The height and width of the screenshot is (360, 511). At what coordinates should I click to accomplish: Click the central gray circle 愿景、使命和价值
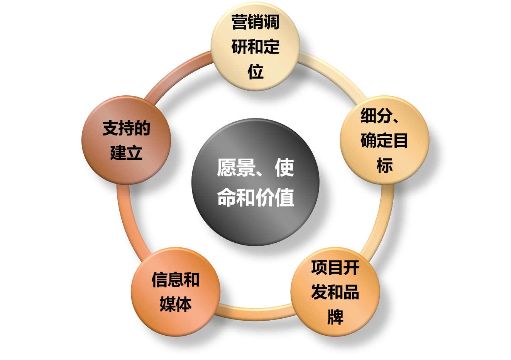pos(255,182)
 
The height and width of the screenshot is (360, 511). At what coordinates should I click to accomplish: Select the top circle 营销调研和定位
pos(255,46)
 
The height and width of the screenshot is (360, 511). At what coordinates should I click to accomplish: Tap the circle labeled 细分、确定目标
pos(385,140)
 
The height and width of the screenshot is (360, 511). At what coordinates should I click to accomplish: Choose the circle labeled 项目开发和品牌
pos(335,292)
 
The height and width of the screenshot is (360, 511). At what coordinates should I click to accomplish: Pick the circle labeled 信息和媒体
pos(176,292)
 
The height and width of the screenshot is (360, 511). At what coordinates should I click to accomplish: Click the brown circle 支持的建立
pos(126,140)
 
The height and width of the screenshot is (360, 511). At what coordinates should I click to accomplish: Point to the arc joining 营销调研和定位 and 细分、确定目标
pos(335,73)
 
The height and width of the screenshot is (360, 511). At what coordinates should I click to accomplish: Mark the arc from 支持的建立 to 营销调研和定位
pos(176,73)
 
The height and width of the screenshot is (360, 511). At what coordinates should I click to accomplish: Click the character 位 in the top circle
pos(255,71)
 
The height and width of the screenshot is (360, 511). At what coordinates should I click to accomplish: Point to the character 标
pos(385,165)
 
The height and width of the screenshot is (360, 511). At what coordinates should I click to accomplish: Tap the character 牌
pos(335,317)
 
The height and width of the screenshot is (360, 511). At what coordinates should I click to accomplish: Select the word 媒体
pos(176,304)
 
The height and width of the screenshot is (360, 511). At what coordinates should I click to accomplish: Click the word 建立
pos(126,152)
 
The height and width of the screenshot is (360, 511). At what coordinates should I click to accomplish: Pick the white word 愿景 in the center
pos(236,168)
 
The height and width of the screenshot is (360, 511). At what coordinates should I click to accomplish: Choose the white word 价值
pos(275,198)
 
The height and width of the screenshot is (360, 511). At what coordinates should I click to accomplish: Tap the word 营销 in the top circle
pos(247,22)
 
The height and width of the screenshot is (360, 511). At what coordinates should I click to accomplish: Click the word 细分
pos(376,115)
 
